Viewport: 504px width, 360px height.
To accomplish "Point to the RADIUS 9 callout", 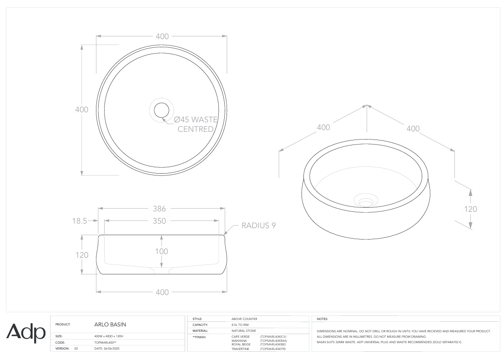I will pos(258,225).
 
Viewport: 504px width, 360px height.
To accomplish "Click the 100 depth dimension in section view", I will pos(161,251).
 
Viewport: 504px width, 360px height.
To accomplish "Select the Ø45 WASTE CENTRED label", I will pos(196,124).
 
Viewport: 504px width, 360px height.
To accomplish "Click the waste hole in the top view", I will pos(161,110).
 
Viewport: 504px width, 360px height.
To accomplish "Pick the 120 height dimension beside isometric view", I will pos(470,209).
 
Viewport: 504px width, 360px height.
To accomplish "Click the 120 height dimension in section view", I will pos(81,255).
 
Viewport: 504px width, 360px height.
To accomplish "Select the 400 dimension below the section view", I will pos(162,292).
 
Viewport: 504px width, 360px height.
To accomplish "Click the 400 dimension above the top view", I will pos(162,37).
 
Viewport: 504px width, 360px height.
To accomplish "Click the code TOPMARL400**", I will pos(106,342).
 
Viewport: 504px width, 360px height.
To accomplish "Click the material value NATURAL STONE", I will pos(244,331).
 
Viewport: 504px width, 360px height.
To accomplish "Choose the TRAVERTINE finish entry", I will pos(240,349).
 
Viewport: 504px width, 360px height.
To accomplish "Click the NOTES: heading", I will pos(322,319).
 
